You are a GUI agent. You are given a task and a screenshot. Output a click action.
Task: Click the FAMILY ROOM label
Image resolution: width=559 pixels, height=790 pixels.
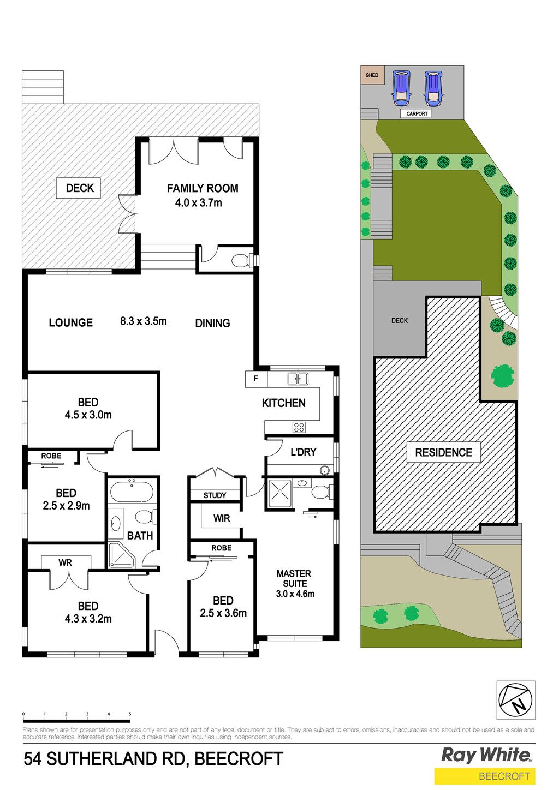click(x=203, y=188)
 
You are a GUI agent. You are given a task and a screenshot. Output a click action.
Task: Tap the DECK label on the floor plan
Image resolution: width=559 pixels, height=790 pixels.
click(x=80, y=188)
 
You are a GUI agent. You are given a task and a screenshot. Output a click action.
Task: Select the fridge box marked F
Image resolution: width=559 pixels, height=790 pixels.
click(x=256, y=379)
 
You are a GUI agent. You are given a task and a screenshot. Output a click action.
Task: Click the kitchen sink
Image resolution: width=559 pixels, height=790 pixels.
click(x=298, y=379)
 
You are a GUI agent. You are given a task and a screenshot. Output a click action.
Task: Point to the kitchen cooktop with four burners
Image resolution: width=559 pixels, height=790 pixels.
click(x=299, y=427)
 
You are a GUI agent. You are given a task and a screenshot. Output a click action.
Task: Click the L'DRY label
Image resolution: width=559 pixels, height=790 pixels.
click(x=303, y=452)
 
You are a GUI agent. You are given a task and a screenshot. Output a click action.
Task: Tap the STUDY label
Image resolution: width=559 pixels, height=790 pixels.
click(x=215, y=495)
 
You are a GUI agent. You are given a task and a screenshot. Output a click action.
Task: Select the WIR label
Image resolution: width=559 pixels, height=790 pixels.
click(x=222, y=518)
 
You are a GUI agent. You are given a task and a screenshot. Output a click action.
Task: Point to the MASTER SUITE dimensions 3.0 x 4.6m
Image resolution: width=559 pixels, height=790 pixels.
click(x=295, y=594)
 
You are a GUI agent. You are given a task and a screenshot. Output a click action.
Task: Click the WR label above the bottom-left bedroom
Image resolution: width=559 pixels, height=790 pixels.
click(x=66, y=562)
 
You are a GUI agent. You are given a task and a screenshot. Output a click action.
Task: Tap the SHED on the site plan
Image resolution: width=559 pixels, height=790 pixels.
click(x=372, y=75)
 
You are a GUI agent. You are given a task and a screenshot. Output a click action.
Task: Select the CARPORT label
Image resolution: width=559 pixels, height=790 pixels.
click(x=417, y=113)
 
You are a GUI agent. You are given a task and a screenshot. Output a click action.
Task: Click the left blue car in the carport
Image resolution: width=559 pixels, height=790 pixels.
click(x=402, y=88)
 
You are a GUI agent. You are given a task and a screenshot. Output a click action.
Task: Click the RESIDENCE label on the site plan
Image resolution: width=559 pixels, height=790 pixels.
click(x=444, y=452)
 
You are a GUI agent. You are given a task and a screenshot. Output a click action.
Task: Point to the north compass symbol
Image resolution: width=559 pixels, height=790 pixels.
click(x=516, y=700)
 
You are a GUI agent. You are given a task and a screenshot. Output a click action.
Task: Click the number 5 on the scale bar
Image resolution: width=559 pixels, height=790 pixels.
click(x=130, y=714)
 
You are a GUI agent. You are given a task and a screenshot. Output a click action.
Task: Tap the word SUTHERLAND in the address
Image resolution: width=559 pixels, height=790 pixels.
click(x=115, y=758)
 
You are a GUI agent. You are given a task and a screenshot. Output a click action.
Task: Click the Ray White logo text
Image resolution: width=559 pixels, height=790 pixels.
click(x=486, y=755)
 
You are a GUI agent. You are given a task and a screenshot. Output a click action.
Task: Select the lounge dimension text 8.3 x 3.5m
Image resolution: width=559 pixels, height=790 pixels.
click(x=143, y=321)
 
